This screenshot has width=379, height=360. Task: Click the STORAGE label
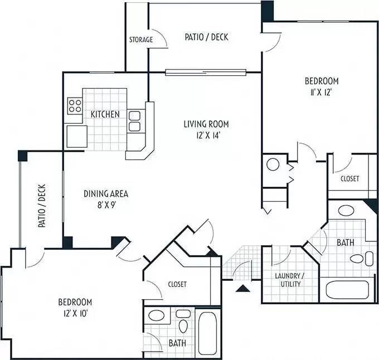click(141, 40)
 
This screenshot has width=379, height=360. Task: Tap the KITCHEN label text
click(105, 114)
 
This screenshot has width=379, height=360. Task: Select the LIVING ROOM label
click(206, 124)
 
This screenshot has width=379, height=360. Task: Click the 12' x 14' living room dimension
click(206, 135)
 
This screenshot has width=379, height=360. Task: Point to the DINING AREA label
click(106, 194)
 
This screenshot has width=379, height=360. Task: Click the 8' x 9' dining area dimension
click(106, 205)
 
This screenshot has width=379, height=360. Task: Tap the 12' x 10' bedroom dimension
click(75, 313)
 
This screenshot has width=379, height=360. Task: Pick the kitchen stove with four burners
click(75, 105)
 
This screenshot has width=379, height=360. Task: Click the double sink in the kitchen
click(134, 121)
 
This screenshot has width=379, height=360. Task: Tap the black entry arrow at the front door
click(242, 288)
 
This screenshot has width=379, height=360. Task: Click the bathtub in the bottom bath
click(210, 333)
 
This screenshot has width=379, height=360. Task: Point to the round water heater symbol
click(273, 164)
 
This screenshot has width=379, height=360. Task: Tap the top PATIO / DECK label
click(206, 37)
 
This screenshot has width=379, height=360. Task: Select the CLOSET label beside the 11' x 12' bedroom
click(349, 179)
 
